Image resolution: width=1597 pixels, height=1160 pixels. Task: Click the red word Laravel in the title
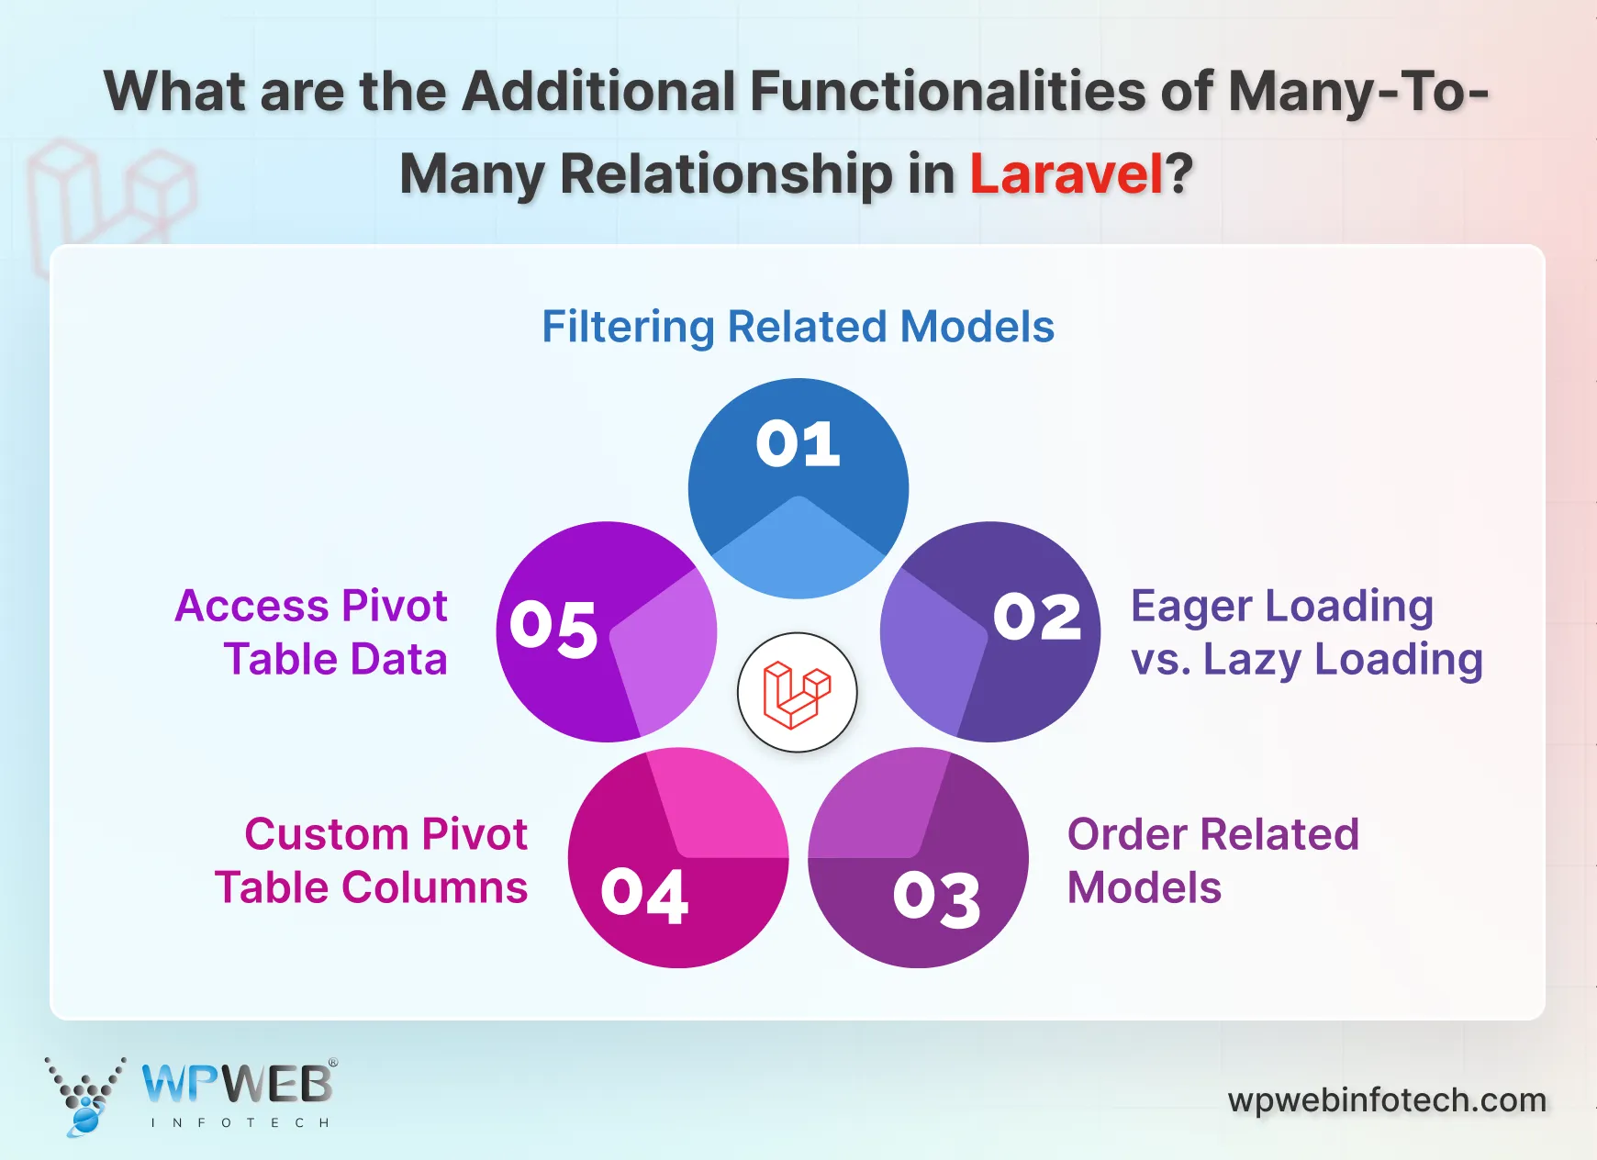tap(1067, 173)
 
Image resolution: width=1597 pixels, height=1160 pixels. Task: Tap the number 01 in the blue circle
tap(798, 444)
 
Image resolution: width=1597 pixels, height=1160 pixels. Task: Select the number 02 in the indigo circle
tap(1037, 617)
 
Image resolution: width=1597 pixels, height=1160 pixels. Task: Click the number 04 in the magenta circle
tap(644, 895)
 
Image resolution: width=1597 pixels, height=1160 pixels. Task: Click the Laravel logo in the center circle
tap(797, 693)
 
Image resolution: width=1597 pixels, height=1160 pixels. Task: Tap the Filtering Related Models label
tap(798, 327)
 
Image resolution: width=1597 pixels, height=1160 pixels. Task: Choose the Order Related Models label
tap(1212, 861)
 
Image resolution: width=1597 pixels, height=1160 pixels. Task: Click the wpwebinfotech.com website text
tap(1387, 1099)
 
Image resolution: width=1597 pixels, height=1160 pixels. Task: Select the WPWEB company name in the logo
tap(238, 1084)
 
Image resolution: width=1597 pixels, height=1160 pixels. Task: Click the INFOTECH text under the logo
tap(240, 1122)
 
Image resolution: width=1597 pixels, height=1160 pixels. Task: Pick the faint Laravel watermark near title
tap(110, 197)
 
